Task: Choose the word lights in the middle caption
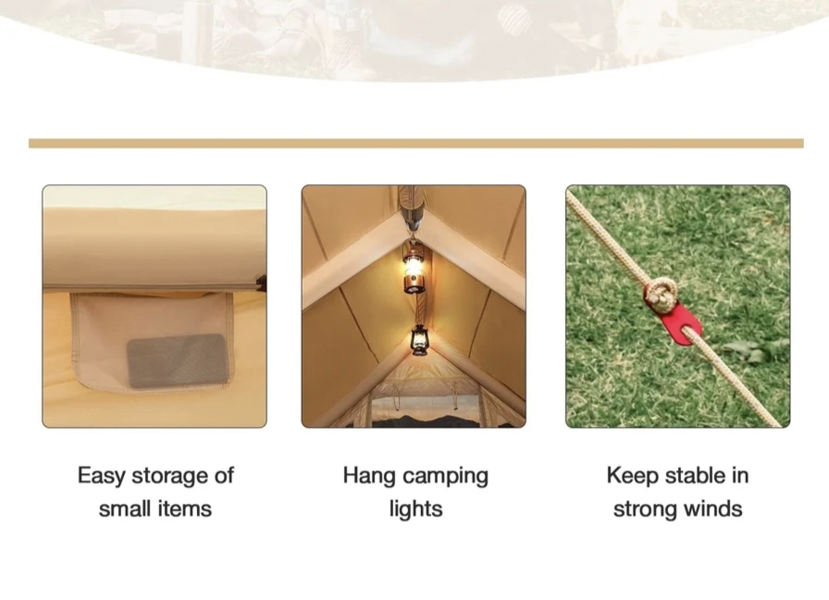click(415, 509)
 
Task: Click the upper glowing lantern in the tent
click(414, 268)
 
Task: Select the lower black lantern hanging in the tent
click(419, 340)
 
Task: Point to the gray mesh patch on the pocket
click(179, 360)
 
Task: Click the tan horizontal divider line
click(416, 144)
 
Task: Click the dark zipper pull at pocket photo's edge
click(262, 283)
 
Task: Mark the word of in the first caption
click(224, 475)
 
